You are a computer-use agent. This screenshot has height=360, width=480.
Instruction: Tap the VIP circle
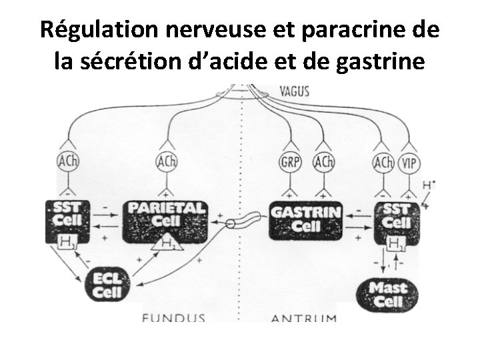(408, 163)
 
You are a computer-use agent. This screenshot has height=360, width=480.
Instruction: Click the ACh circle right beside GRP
(323, 162)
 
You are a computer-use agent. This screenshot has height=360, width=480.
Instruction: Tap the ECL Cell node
(106, 285)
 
